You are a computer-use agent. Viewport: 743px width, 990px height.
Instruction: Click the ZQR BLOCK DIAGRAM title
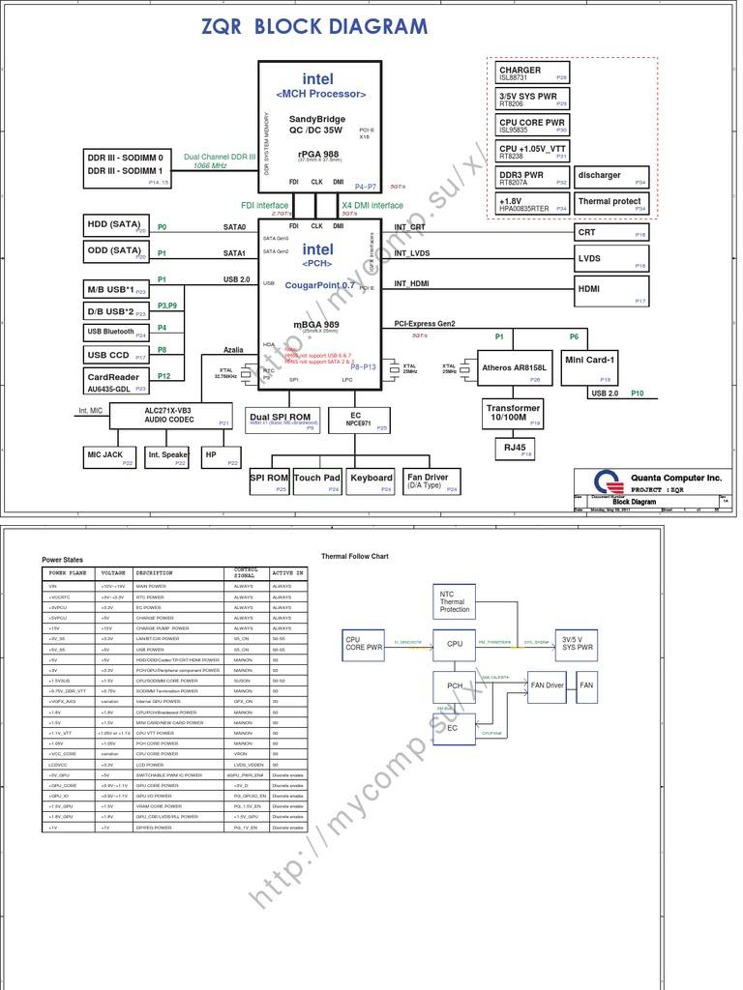[x=314, y=26]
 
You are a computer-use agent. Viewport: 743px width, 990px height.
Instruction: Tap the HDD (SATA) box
[x=116, y=225]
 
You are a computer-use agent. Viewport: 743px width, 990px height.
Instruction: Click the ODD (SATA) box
[x=116, y=251]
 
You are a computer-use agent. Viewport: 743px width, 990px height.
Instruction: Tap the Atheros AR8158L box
[x=515, y=368]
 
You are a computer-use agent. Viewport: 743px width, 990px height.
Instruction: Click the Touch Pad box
[x=317, y=480]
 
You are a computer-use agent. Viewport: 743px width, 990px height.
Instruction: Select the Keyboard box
[x=371, y=480]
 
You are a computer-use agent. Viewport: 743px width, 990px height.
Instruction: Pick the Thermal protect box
[x=611, y=203]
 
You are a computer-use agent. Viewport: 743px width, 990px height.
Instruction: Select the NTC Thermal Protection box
[x=454, y=601]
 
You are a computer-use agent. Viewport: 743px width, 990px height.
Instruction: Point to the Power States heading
[x=63, y=560]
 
